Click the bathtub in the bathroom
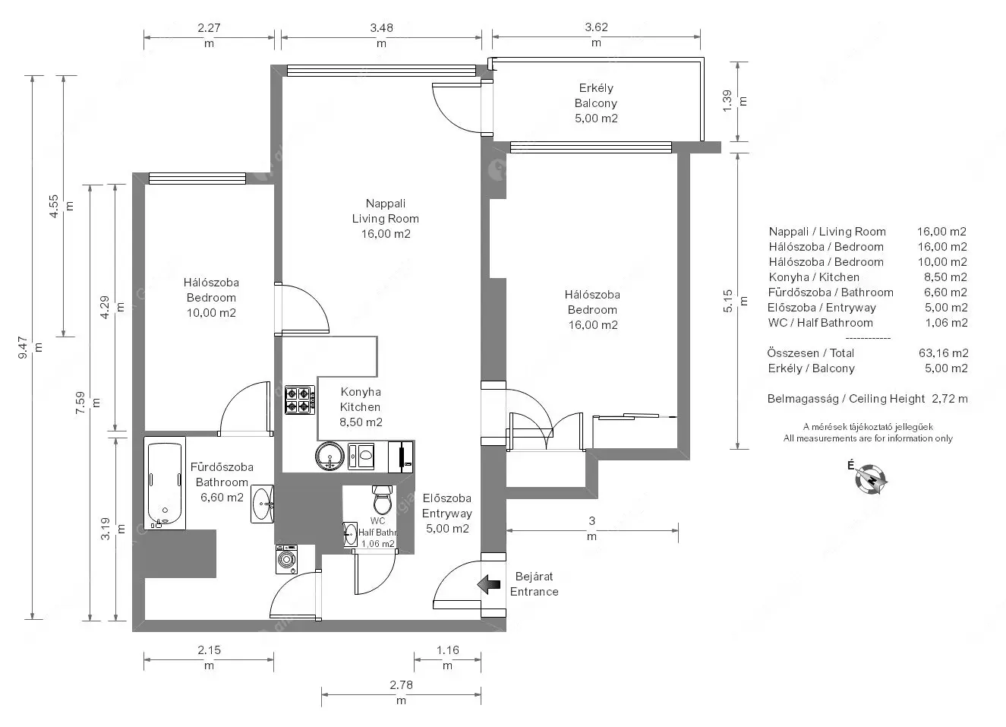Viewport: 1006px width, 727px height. click(x=165, y=483)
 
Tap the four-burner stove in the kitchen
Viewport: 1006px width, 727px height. click(x=300, y=400)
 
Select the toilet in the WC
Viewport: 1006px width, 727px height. click(x=382, y=500)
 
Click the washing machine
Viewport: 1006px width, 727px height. click(x=286, y=559)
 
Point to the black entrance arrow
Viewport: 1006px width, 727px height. click(x=489, y=585)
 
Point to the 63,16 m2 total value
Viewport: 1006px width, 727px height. click(x=943, y=352)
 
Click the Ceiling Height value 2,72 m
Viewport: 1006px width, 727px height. click(x=950, y=399)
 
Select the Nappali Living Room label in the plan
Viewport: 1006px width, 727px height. click(x=386, y=210)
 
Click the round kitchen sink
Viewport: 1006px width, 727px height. click(x=330, y=456)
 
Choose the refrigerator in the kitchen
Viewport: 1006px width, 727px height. click(x=401, y=457)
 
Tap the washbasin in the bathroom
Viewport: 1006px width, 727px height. click(x=262, y=504)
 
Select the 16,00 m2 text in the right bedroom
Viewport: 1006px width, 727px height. click(x=593, y=325)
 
